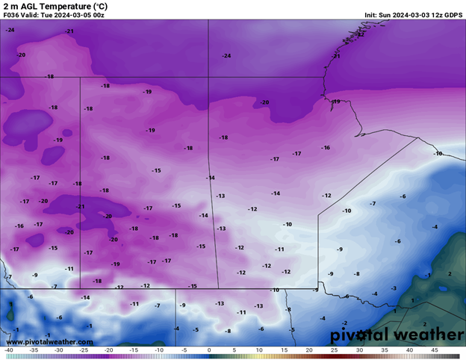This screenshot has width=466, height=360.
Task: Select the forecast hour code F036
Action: coord(12,15)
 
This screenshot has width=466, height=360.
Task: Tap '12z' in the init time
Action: coord(435,15)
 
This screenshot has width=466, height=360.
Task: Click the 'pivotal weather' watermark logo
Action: coord(397,335)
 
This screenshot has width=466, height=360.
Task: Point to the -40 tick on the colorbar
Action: coord(8,350)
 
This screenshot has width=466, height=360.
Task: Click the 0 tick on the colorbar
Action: coord(208,350)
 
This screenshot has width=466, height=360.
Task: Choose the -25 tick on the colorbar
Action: coord(84,350)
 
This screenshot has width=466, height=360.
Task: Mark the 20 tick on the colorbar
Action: coord(308,350)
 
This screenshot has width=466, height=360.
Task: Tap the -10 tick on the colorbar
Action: coord(158,350)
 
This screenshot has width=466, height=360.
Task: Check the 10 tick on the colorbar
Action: coord(258,350)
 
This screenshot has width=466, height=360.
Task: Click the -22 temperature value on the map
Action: coord(361,34)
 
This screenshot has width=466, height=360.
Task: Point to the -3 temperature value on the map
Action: coord(394,288)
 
